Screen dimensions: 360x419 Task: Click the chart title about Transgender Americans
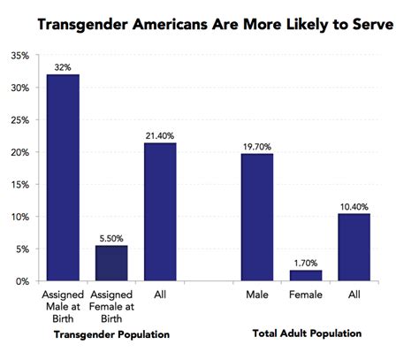point(209,26)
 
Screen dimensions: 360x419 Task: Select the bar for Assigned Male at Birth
point(63,178)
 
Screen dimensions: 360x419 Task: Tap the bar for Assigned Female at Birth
point(111,263)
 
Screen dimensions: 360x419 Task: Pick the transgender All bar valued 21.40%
point(160,211)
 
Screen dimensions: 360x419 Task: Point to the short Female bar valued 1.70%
point(306,275)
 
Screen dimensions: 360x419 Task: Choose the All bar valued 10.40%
point(354,247)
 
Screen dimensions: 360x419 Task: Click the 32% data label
point(63,66)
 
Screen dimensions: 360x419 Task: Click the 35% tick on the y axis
point(19,56)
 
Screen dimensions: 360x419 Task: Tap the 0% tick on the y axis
point(22,281)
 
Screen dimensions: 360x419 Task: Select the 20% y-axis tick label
point(19,152)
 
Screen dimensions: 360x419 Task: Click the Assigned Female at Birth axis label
point(111,305)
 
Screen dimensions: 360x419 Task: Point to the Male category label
point(257,294)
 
